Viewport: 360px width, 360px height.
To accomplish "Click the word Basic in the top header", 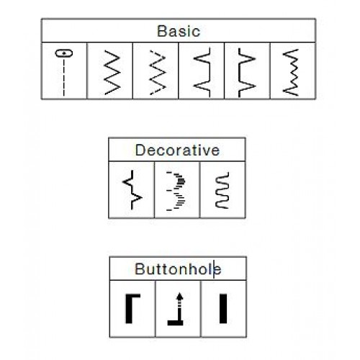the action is click(x=179, y=31).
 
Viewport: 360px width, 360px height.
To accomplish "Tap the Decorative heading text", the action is click(x=177, y=150).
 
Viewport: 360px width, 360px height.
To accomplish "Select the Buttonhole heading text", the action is click(x=178, y=269).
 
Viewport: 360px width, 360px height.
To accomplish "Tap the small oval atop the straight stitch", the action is click(x=64, y=53).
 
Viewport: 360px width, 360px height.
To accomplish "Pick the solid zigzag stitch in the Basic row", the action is click(x=112, y=72).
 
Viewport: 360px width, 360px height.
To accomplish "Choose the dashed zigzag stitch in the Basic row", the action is click(x=158, y=72).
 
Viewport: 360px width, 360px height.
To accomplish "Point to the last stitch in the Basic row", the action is click(x=291, y=72).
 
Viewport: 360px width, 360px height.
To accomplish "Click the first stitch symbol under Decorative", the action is click(x=132, y=189).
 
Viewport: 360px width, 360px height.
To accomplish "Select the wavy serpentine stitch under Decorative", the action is click(x=222, y=190).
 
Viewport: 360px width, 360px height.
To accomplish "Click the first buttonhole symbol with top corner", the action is click(x=129, y=309).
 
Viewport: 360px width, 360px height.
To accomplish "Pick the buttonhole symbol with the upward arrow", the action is click(x=179, y=310).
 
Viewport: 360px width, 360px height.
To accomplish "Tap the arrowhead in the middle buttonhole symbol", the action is click(x=179, y=296).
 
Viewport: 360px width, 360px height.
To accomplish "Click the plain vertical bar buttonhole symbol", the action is click(x=223, y=309).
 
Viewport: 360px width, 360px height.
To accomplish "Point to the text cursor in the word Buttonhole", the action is click(x=214, y=269).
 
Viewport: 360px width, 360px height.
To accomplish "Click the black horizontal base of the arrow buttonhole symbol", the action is click(x=176, y=323).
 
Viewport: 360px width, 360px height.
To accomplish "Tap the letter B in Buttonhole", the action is click(x=139, y=269).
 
